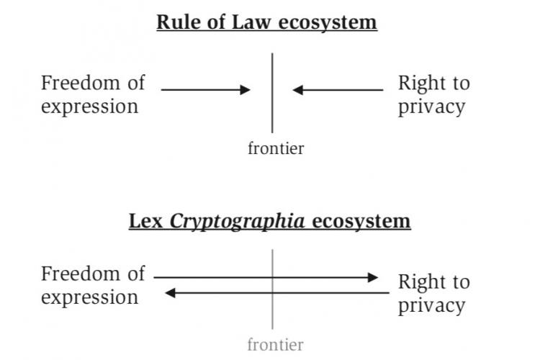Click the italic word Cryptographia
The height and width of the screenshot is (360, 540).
[237, 221]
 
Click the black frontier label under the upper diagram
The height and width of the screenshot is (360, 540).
[276, 148]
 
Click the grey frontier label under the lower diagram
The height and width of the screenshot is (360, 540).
[276, 345]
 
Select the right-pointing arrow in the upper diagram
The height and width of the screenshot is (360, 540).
[205, 90]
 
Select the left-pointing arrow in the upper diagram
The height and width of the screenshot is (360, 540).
[338, 90]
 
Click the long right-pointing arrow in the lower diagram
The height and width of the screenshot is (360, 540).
[266, 277]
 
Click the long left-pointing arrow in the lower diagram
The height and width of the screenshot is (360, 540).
[281, 293]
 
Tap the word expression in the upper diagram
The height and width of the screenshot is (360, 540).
[89, 107]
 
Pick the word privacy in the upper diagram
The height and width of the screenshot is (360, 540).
[431, 107]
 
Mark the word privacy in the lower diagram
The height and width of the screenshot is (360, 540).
[431, 305]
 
